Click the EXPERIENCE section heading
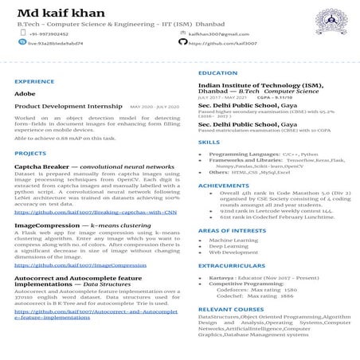pos(34,82)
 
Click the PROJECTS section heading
pos(30,153)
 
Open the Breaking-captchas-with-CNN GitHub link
pos(96,213)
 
